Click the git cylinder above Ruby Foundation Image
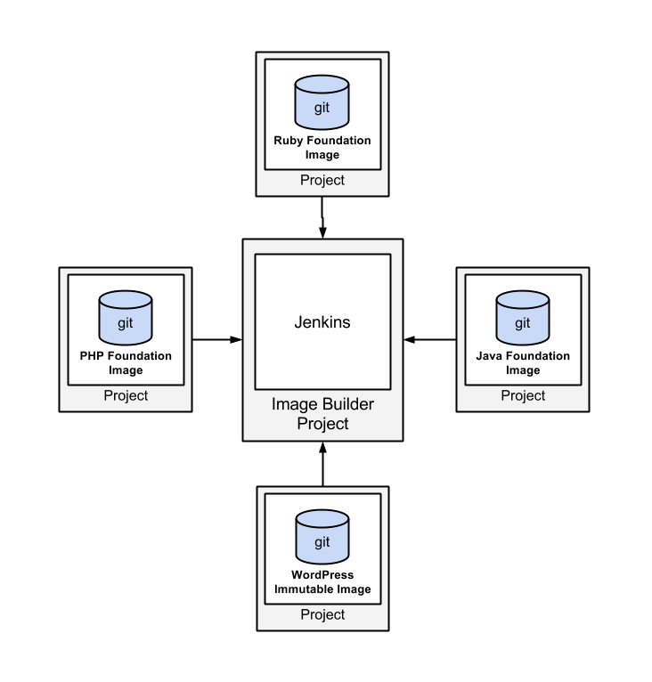tap(322, 104)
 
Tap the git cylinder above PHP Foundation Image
tap(125, 321)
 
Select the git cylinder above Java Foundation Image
tap(523, 321)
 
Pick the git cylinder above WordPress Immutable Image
tap(322, 540)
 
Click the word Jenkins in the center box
tap(322, 322)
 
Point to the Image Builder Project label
tap(322, 414)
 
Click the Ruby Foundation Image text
tap(322, 148)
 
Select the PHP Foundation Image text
tap(126, 363)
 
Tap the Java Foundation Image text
tap(523, 363)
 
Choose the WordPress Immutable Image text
tap(322, 582)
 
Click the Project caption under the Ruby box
tap(322, 181)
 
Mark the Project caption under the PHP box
tap(126, 396)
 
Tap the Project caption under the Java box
tap(523, 396)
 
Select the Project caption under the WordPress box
tap(322, 615)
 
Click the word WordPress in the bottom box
tap(322, 575)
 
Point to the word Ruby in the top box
tap(289, 141)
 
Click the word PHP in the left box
tap(93, 356)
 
